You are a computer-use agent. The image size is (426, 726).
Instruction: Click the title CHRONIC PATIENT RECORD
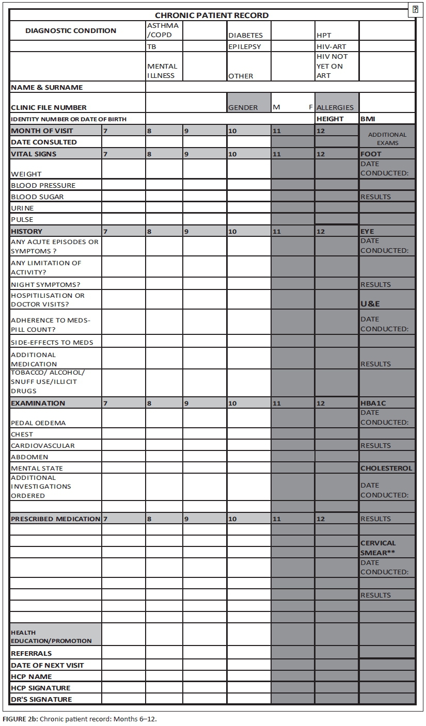pyautogui.click(x=212, y=15)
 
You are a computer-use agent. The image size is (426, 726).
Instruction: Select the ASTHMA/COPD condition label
pyautogui.click(x=163, y=30)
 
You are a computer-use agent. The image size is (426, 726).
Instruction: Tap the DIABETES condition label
pyautogui.click(x=245, y=36)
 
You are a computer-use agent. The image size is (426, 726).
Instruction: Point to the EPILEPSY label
pyautogui.click(x=245, y=46)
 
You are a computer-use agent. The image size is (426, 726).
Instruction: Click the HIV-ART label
pyautogui.click(x=332, y=46)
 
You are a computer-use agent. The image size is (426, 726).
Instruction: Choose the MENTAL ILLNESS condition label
pyautogui.click(x=162, y=71)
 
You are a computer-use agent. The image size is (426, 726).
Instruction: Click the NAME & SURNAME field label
pyautogui.click(x=46, y=87)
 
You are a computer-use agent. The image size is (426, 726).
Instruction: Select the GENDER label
pyautogui.click(x=243, y=107)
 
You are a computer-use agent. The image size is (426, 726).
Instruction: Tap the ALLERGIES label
pyautogui.click(x=335, y=107)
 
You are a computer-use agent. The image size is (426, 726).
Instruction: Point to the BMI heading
pyautogui.click(x=368, y=119)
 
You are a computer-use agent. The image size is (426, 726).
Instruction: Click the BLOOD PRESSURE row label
pyautogui.click(x=43, y=185)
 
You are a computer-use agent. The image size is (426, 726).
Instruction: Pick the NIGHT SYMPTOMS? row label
pyautogui.click(x=45, y=284)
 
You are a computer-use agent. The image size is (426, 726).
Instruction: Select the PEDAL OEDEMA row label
pyautogui.click(x=38, y=423)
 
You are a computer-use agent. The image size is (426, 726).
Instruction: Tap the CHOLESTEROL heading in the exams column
pyautogui.click(x=387, y=468)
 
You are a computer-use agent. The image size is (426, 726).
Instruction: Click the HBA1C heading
pyautogui.click(x=373, y=403)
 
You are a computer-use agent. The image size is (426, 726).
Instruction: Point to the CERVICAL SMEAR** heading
pyautogui.click(x=378, y=547)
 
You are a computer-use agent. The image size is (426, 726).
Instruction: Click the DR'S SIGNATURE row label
pyautogui.click(x=41, y=699)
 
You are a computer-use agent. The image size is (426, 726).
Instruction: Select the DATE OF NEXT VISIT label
pyautogui.click(x=48, y=665)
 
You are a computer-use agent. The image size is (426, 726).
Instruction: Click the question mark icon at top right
pyautogui.click(x=415, y=9)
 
